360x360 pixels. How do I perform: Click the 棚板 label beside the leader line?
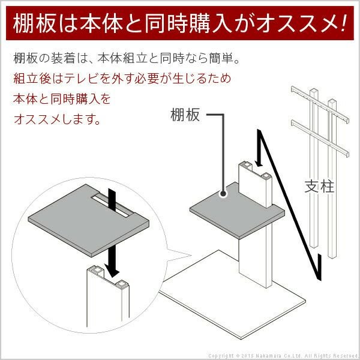tap(185, 115)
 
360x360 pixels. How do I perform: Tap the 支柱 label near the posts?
tap(319, 186)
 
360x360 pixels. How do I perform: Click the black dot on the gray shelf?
tap(223, 194)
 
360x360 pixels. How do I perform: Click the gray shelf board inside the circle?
tap(88, 220)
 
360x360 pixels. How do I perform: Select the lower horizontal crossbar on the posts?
tap(320, 138)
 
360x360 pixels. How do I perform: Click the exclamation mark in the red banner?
tap(343, 23)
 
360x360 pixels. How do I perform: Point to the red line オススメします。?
tap(57, 119)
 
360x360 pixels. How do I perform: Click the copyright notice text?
tap(283, 356)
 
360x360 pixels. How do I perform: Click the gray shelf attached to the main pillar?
tap(237, 210)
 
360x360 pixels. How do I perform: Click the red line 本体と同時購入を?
tap(62, 99)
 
